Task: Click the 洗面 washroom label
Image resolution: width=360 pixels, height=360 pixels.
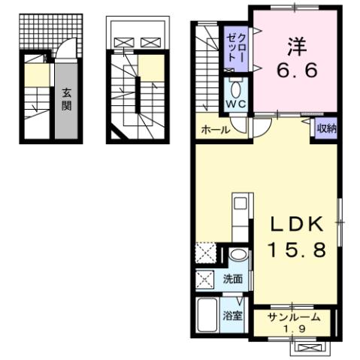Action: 233,279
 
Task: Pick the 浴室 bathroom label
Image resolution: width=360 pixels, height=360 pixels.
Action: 232,315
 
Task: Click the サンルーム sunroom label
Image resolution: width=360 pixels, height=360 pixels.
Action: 294,317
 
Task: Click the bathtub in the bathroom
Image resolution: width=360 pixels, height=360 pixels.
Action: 207,315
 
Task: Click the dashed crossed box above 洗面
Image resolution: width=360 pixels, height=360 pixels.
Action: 205,254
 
